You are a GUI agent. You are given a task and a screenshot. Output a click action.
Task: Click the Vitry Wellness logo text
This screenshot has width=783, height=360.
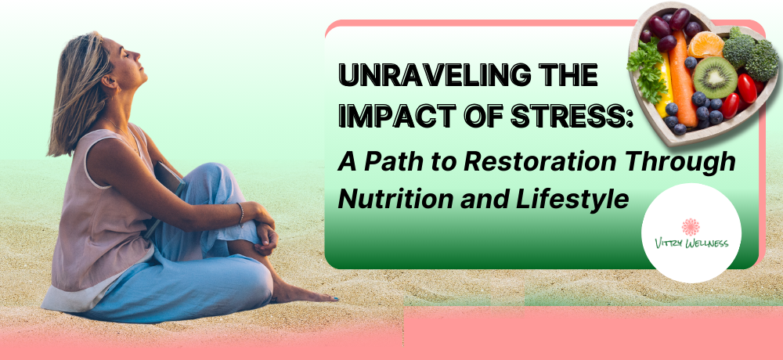[x=691, y=243]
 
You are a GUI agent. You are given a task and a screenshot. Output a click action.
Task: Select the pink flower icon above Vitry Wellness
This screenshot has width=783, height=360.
[x=691, y=226]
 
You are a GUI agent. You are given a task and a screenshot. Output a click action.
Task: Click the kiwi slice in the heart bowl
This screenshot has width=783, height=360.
[x=715, y=77]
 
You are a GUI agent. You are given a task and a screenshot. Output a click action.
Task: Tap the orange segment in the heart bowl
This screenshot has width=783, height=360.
[x=705, y=45]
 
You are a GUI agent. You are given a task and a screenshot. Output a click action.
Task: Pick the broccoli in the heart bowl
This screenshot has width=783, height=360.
[x=750, y=53]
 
